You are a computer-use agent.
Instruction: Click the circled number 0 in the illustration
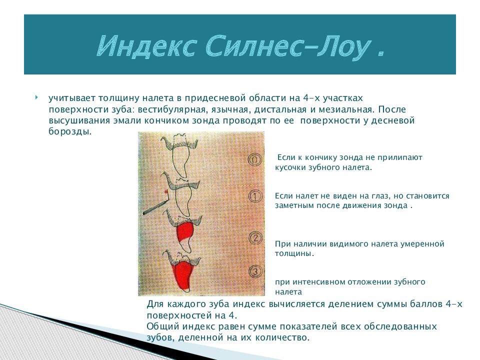tap(254, 159)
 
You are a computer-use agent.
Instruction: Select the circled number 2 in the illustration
tap(255, 237)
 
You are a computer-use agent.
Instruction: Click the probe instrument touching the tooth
tap(155, 205)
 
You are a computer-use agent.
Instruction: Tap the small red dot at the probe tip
tap(164, 192)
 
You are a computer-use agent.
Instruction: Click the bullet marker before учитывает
tap(36, 96)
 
